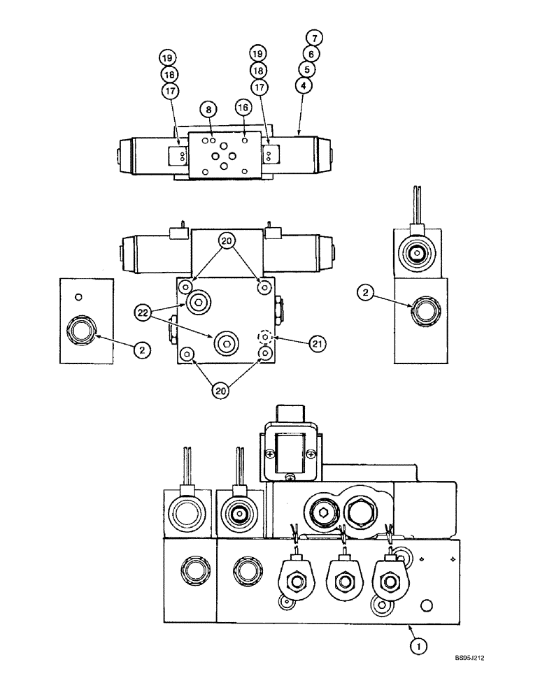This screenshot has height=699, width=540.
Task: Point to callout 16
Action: [x=243, y=108]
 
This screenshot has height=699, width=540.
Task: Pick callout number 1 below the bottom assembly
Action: [x=416, y=647]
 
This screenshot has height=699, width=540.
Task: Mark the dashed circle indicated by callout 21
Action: [x=264, y=338]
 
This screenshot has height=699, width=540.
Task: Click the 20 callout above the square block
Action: [x=227, y=241]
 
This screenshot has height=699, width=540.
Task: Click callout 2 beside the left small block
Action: [x=142, y=350]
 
